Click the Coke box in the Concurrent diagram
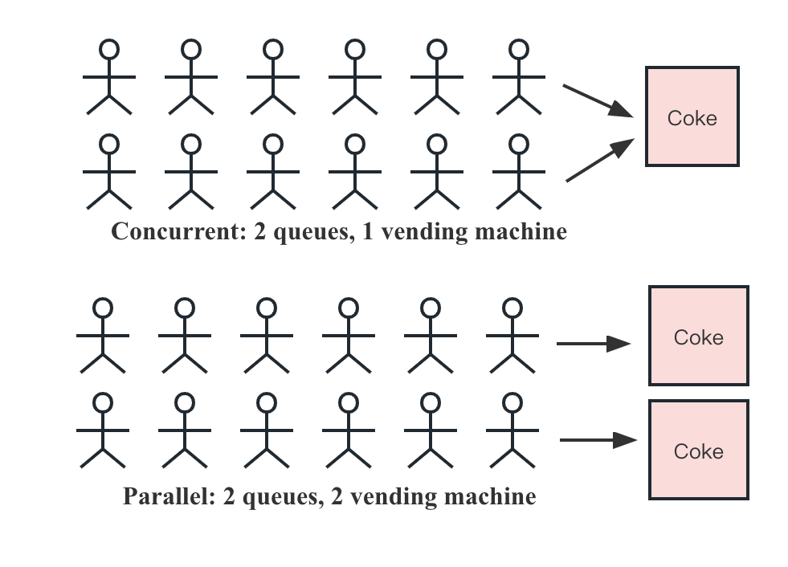pyautogui.click(x=692, y=117)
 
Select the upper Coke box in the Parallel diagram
pyautogui.click(x=698, y=336)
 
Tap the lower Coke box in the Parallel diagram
pyautogui.click(x=698, y=451)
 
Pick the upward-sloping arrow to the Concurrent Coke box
pyautogui.click(x=601, y=160)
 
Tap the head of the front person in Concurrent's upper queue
pyautogui.click(x=519, y=50)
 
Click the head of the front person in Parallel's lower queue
pyautogui.click(x=512, y=402)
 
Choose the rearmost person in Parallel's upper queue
pyautogui.click(x=103, y=337)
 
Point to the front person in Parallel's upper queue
pyautogui.click(x=512, y=337)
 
